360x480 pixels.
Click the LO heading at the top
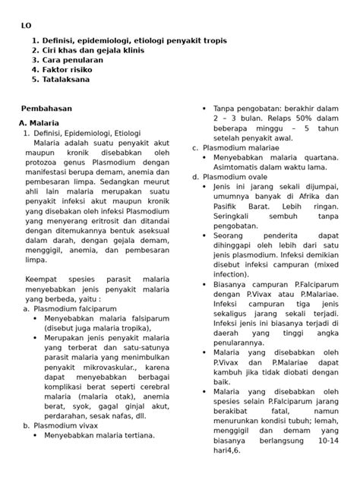(26, 24)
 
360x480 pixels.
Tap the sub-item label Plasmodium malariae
(246, 147)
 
